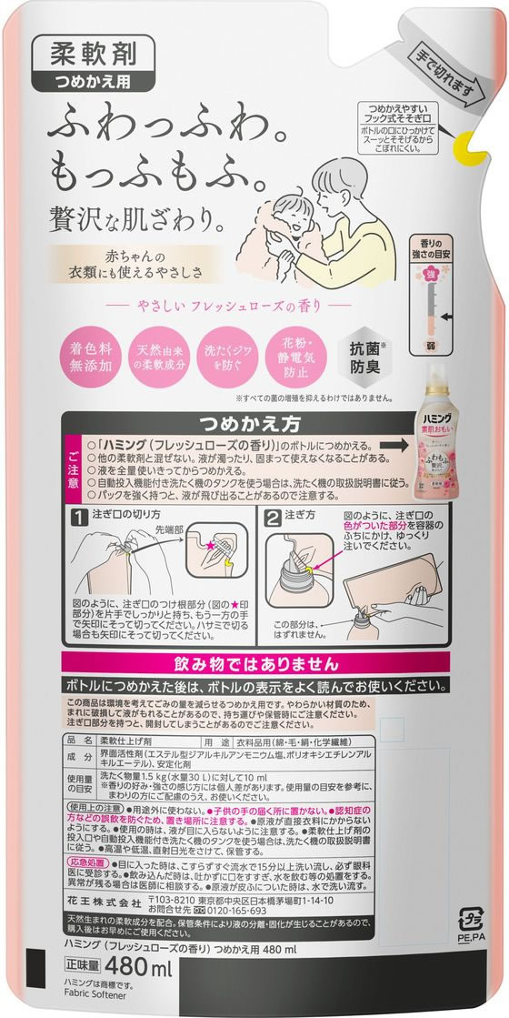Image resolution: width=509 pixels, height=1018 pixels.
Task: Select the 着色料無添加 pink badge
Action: tap(88, 358)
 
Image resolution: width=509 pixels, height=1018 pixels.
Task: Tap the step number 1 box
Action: tap(78, 517)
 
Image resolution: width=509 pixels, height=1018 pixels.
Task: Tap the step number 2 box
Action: tap(273, 517)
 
